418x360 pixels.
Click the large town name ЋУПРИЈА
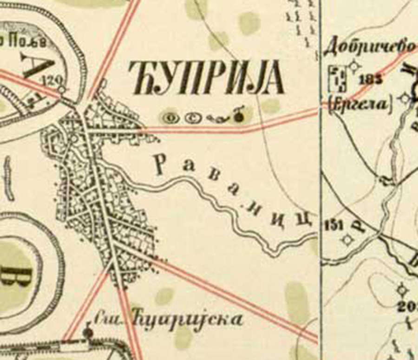(x=208, y=78)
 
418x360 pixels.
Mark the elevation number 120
(x=50, y=80)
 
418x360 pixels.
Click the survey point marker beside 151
(x=347, y=240)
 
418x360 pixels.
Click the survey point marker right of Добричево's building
(x=355, y=67)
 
